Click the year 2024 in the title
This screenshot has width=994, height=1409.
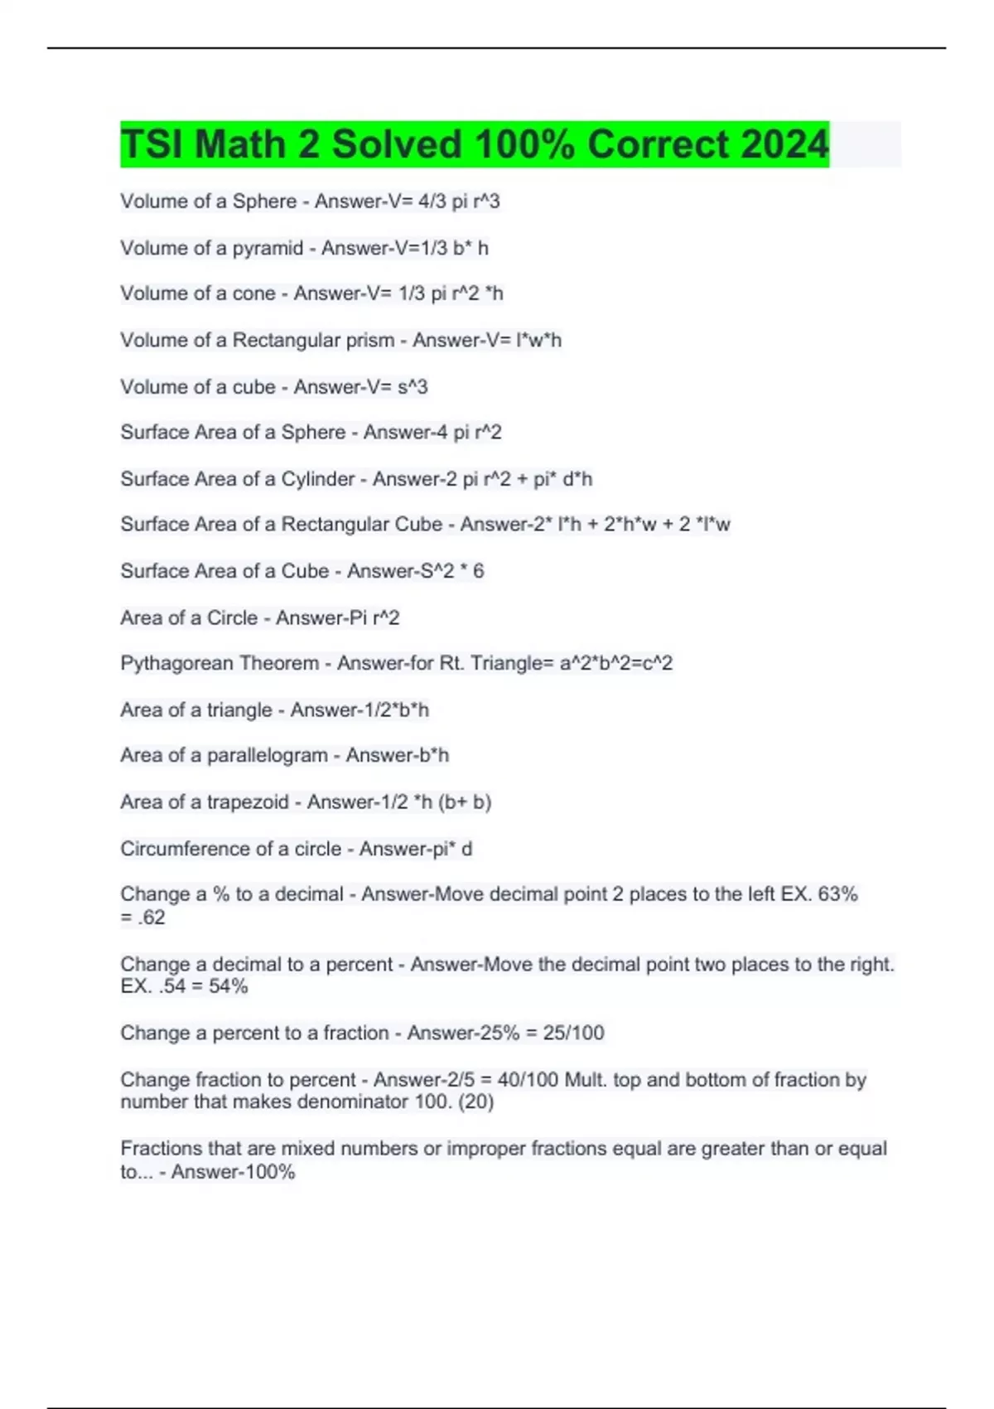784,144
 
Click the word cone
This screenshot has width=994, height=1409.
254,293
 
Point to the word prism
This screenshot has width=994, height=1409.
370,340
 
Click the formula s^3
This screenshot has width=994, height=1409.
413,387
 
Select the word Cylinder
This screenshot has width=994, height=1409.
318,479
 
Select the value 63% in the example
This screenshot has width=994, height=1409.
837,894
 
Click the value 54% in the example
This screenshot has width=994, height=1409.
228,986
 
